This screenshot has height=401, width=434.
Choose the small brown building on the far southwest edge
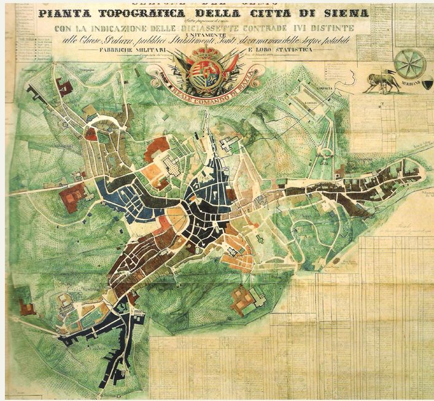(27, 307)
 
